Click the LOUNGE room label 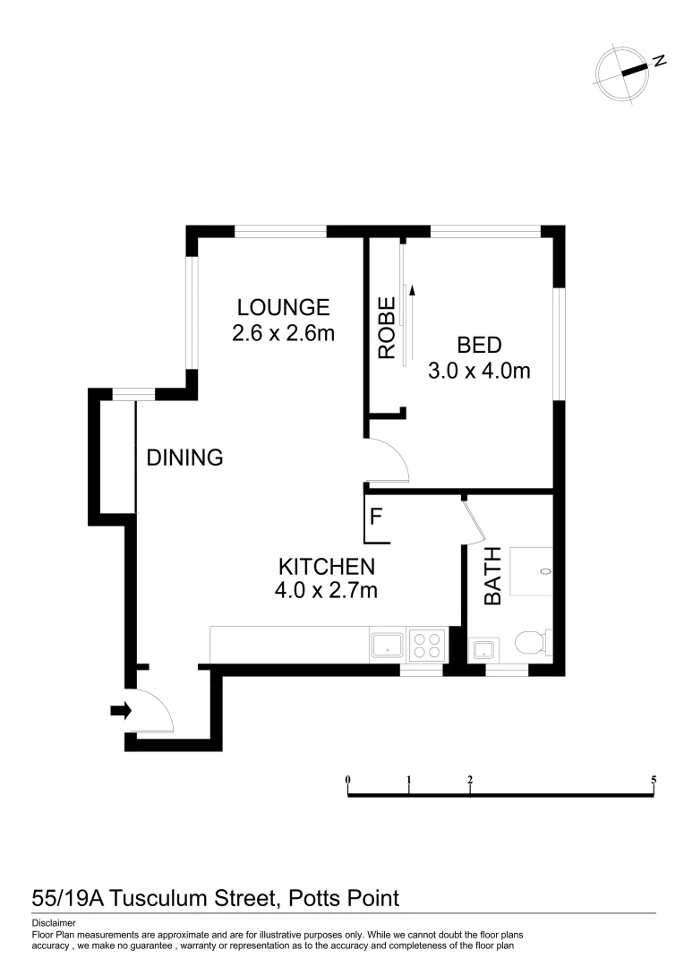click(283, 307)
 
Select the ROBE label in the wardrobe click(387, 328)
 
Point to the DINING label click(184, 458)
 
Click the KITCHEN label click(326, 566)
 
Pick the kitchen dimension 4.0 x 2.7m click(326, 590)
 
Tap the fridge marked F click(376, 517)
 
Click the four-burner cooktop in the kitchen click(427, 645)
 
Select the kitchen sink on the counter click(388, 645)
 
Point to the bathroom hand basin click(483, 647)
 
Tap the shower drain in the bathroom click(545, 570)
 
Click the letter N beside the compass click(659, 61)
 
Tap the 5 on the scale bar click(654, 780)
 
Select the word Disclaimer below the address click(54, 922)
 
